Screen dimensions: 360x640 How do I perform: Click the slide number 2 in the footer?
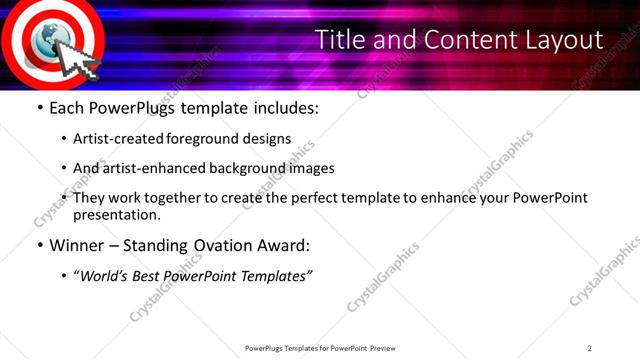pyautogui.click(x=589, y=347)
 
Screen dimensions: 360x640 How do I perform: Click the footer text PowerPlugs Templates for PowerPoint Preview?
pyautogui.click(x=319, y=347)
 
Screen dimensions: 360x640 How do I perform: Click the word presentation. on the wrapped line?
pyautogui.click(x=116, y=214)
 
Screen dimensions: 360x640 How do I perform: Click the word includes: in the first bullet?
pyautogui.click(x=283, y=107)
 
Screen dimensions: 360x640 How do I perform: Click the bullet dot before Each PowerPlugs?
pyautogui.click(x=39, y=107)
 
